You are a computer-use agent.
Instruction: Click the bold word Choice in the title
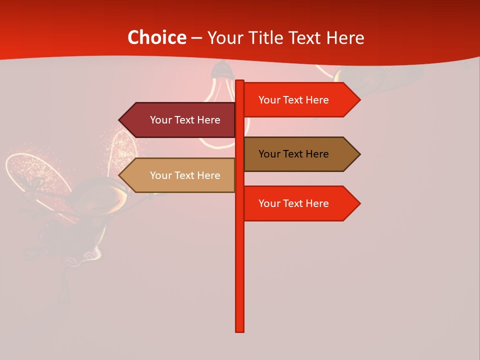tap(156, 38)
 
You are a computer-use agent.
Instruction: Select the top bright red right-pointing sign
tap(300, 100)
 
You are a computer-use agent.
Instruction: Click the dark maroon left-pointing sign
tap(180, 120)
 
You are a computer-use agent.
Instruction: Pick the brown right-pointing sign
tap(300, 154)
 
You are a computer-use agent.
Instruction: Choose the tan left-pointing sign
tap(180, 175)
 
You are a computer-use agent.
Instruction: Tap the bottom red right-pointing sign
tap(300, 203)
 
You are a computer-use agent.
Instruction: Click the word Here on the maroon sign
tap(208, 120)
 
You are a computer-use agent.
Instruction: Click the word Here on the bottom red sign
tap(316, 203)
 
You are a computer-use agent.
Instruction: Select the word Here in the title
tap(345, 38)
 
